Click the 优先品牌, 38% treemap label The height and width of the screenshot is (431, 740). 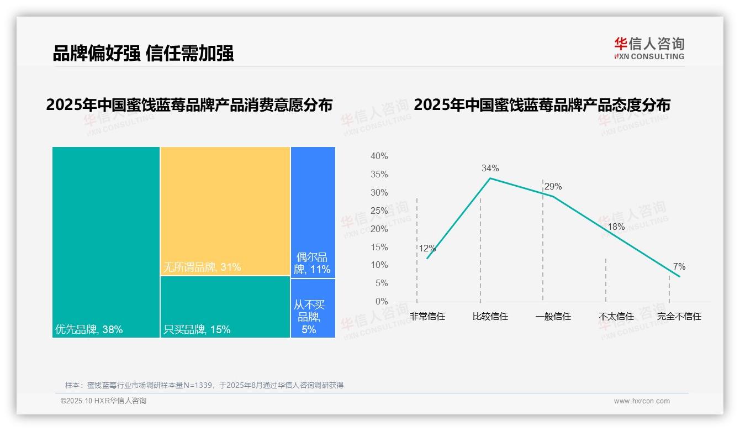click(x=89, y=330)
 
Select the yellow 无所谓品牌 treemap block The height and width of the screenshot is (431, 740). click(x=225, y=210)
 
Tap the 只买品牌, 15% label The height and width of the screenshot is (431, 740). click(x=197, y=330)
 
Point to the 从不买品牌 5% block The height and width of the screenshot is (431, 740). click(x=313, y=308)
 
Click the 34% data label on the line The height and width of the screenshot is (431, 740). click(x=490, y=168)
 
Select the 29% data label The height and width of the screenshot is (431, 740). click(x=553, y=186)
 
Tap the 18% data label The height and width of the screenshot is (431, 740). click(x=616, y=227)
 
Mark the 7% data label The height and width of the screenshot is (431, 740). click(x=679, y=267)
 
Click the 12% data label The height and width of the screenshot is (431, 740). click(x=427, y=249)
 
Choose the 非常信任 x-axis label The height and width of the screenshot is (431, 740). click(x=427, y=317)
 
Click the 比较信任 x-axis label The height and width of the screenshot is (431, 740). click(x=490, y=317)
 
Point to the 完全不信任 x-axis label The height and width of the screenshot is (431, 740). click(x=679, y=317)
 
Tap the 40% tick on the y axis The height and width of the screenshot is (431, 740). click(x=379, y=156)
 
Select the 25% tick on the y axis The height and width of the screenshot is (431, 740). click(x=379, y=211)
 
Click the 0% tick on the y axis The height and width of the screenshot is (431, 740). click(x=381, y=302)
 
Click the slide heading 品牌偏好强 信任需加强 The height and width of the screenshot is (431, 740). click(x=143, y=53)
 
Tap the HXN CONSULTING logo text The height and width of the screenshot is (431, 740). click(x=649, y=56)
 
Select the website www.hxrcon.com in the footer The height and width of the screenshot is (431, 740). click(x=642, y=401)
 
